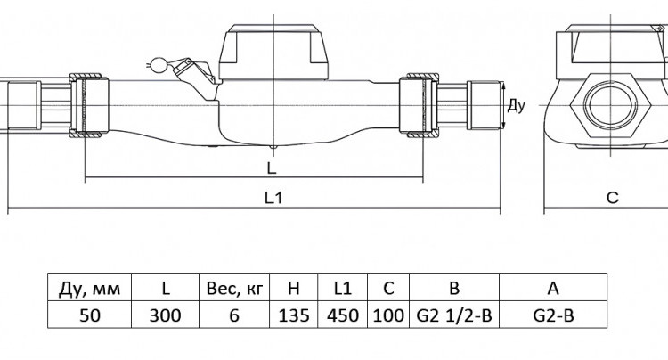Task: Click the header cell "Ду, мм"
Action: point(89,288)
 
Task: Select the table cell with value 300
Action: point(166,315)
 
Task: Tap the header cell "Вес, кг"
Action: point(234,288)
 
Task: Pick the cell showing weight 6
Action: point(234,315)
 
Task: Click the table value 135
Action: point(294,315)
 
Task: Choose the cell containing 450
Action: point(343,315)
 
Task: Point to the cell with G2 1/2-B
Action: point(454,315)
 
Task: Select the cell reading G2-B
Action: point(553,315)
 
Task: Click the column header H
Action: point(294,288)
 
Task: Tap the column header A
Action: point(553,288)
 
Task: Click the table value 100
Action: point(388,315)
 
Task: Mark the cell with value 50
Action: point(89,315)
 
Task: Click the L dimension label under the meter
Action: point(272,168)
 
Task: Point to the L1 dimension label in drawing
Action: point(273,198)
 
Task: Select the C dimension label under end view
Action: point(612,198)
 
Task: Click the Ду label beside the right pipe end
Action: point(517,106)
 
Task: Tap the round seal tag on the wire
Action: point(159,64)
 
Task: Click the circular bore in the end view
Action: point(611,105)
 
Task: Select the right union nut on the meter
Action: point(419,105)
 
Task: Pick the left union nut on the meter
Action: point(88,105)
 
